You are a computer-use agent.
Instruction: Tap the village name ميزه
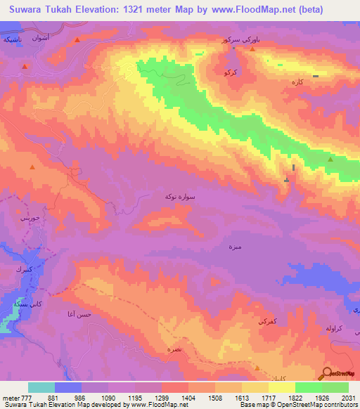(x=235, y=247)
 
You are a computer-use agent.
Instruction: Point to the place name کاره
(x=297, y=82)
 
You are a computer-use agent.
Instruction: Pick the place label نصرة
(x=173, y=349)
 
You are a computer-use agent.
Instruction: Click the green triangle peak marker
(x=330, y=160)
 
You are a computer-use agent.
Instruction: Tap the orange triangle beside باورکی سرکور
(x=252, y=48)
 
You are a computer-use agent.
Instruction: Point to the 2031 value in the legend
(x=347, y=398)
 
